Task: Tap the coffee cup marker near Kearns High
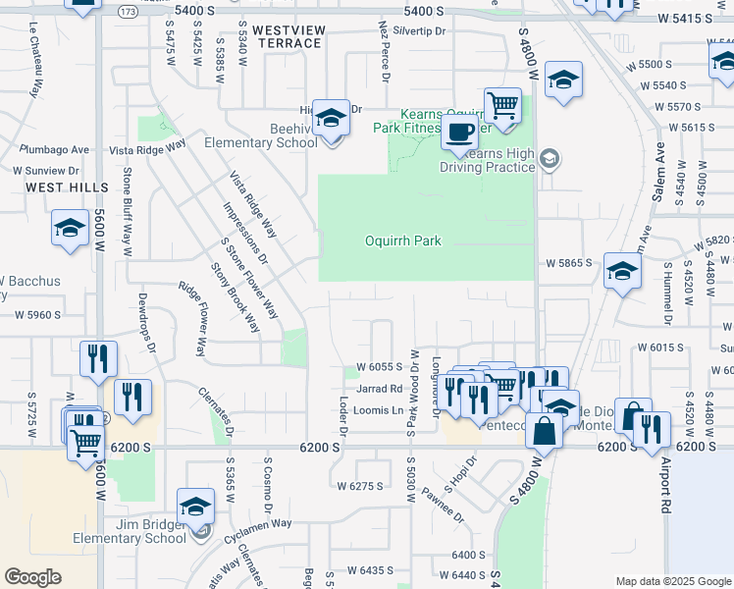pyautogui.click(x=458, y=133)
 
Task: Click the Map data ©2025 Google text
pyautogui.click(x=671, y=580)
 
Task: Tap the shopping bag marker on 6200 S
pyautogui.click(x=544, y=429)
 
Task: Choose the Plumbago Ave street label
pyautogui.click(x=54, y=150)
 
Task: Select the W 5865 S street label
pyautogui.click(x=568, y=263)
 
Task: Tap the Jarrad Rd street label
pyautogui.click(x=383, y=389)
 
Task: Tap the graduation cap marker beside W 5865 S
pyautogui.click(x=622, y=272)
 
